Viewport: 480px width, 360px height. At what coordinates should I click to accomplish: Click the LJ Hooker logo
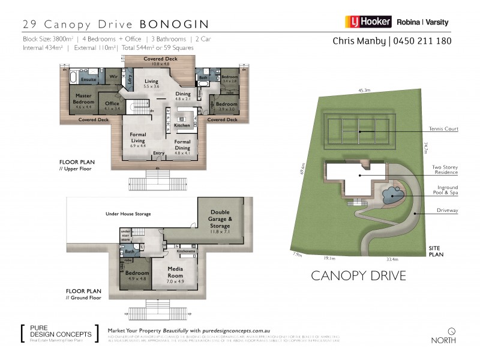click(368, 22)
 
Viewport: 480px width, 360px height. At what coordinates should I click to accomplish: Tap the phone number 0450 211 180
click(422, 41)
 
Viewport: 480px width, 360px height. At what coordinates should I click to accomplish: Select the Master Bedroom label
click(83, 100)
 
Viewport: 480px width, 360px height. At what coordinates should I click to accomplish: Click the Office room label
click(112, 106)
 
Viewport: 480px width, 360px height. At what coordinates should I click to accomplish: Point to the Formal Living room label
click(138, 139)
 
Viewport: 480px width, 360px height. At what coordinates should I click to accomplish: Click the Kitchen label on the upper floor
click(182, 125)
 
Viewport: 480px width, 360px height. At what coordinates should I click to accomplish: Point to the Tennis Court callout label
click(444, 129)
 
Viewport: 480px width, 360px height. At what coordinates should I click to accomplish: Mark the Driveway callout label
click(447, 211)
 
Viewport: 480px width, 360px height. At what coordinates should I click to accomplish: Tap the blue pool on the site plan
click(392, 194)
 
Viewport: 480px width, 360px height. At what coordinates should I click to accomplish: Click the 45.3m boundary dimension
click(364, 91)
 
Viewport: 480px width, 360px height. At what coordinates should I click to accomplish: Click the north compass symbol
click(452, 331)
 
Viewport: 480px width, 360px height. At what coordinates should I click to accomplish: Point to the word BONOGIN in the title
click(174, 25)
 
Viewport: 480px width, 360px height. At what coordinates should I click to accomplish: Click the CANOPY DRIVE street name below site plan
click(358, 276)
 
